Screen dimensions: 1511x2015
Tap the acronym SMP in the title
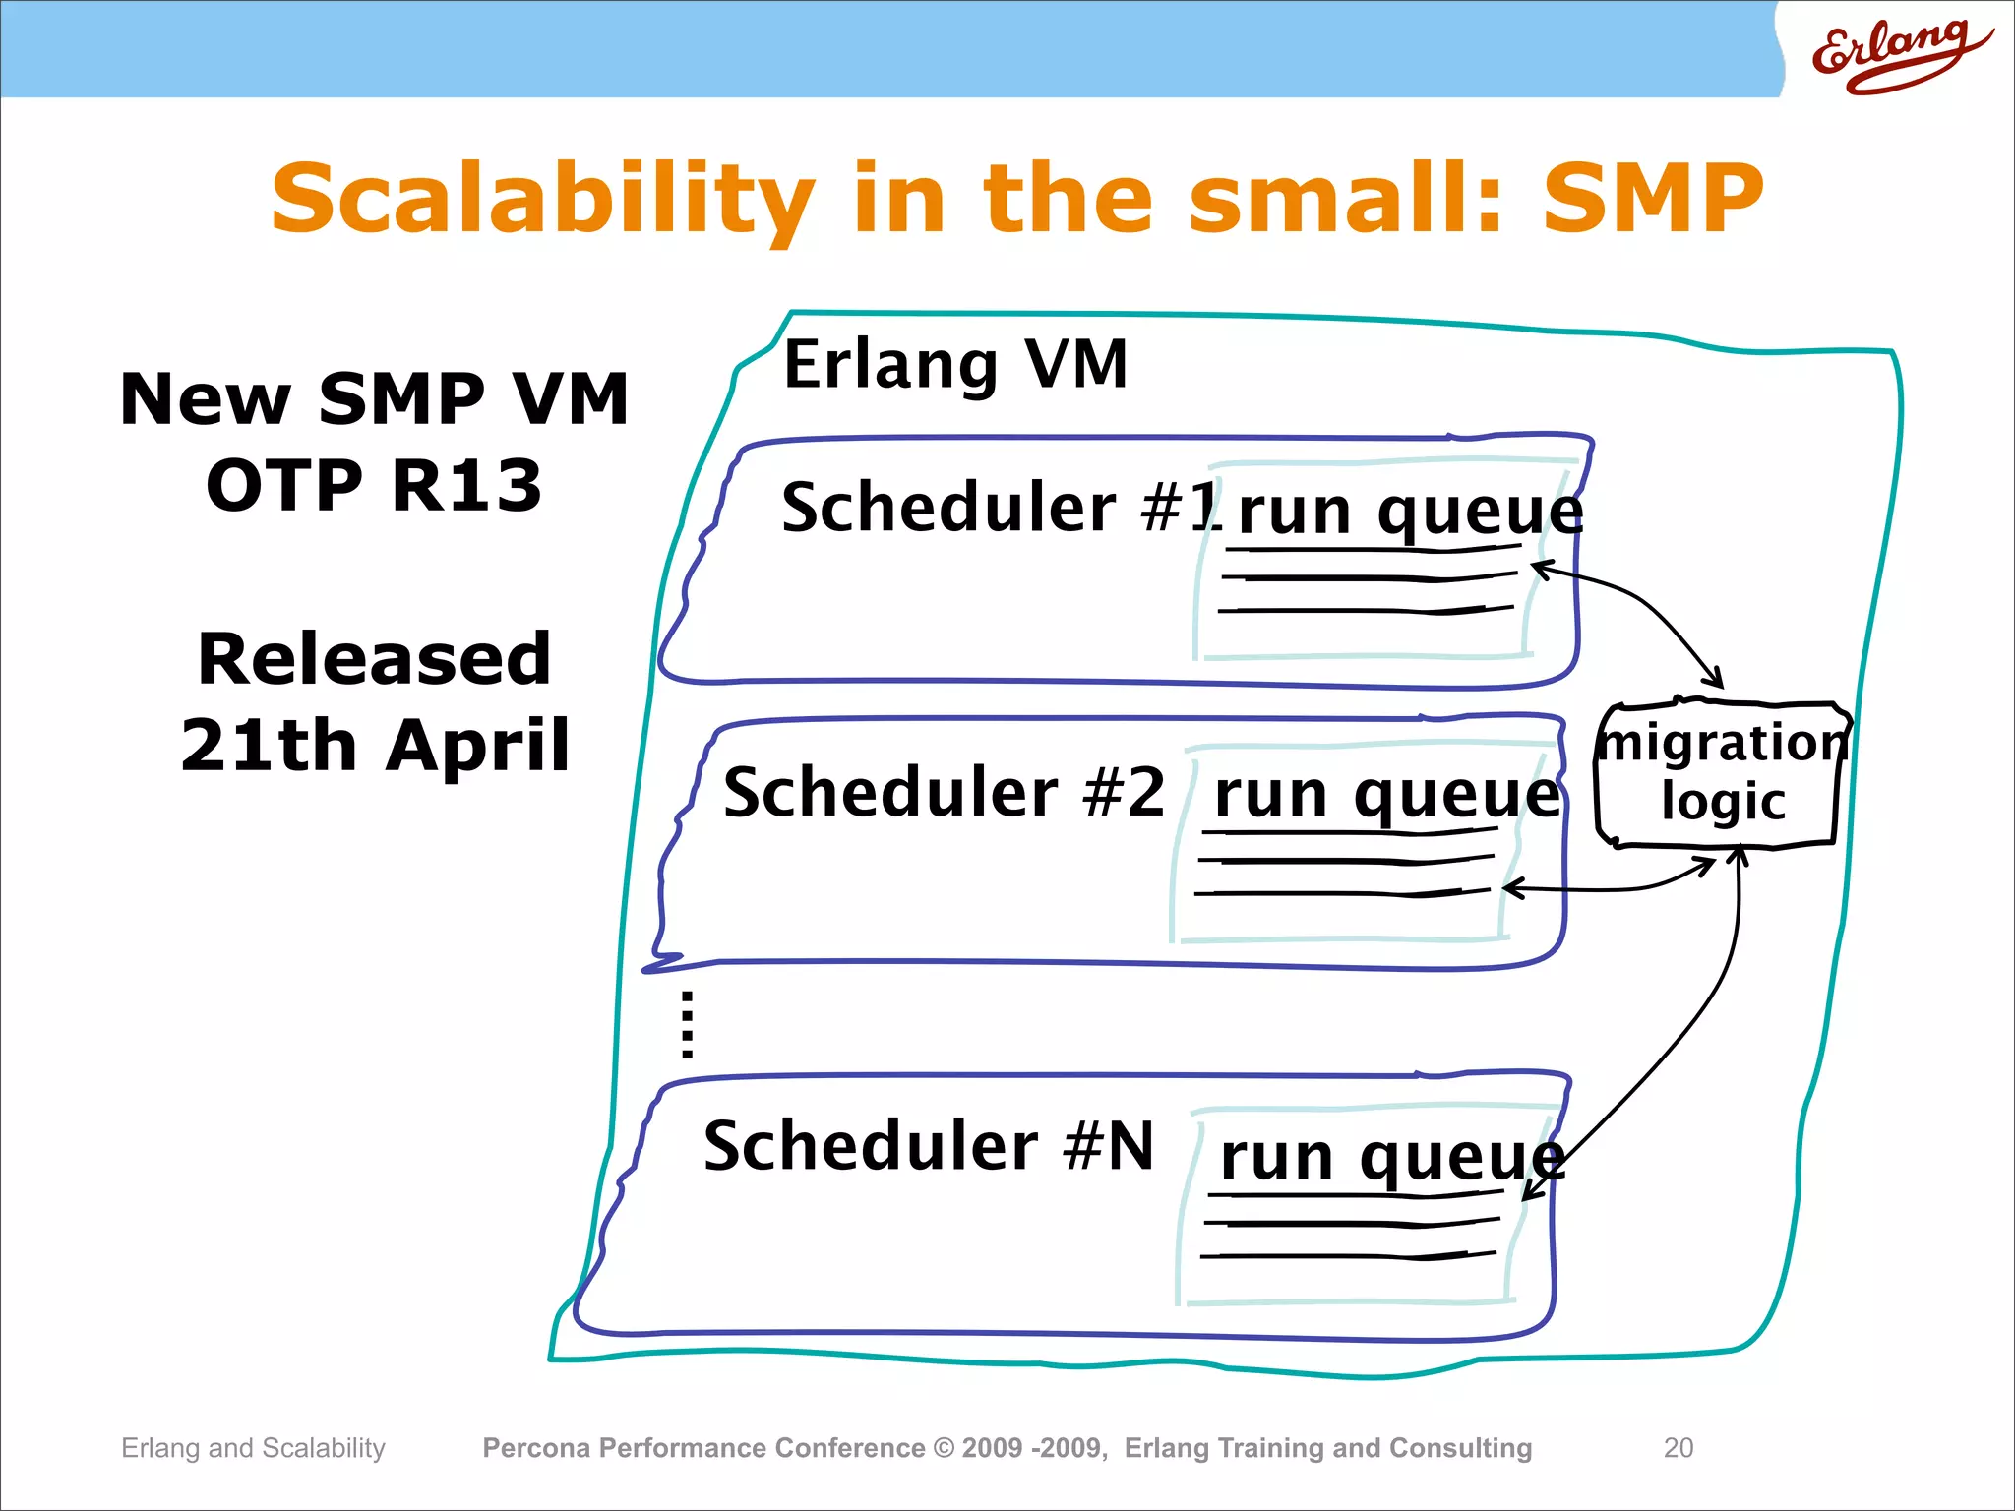click(1652, 200)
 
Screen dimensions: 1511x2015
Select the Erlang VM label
click(954, 365)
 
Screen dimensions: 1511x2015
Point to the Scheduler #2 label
click(944, 793)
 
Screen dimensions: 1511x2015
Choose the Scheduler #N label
click(929, 1146)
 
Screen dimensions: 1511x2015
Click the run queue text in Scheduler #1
click(1409, 513)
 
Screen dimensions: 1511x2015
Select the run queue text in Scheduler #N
click(1391, 1158)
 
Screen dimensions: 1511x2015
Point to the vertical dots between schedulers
click(687, 1025)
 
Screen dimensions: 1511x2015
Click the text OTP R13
click(374, 486)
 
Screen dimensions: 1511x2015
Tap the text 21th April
click(375, 746)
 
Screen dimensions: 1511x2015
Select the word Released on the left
click(374, 659)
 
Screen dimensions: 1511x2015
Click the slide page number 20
click(1678, 1447)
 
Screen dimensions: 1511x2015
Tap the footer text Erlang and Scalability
click(253, 1448)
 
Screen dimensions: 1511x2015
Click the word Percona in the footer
click(536, 1448)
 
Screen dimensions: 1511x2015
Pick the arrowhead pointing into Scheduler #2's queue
click(1510, 888)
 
